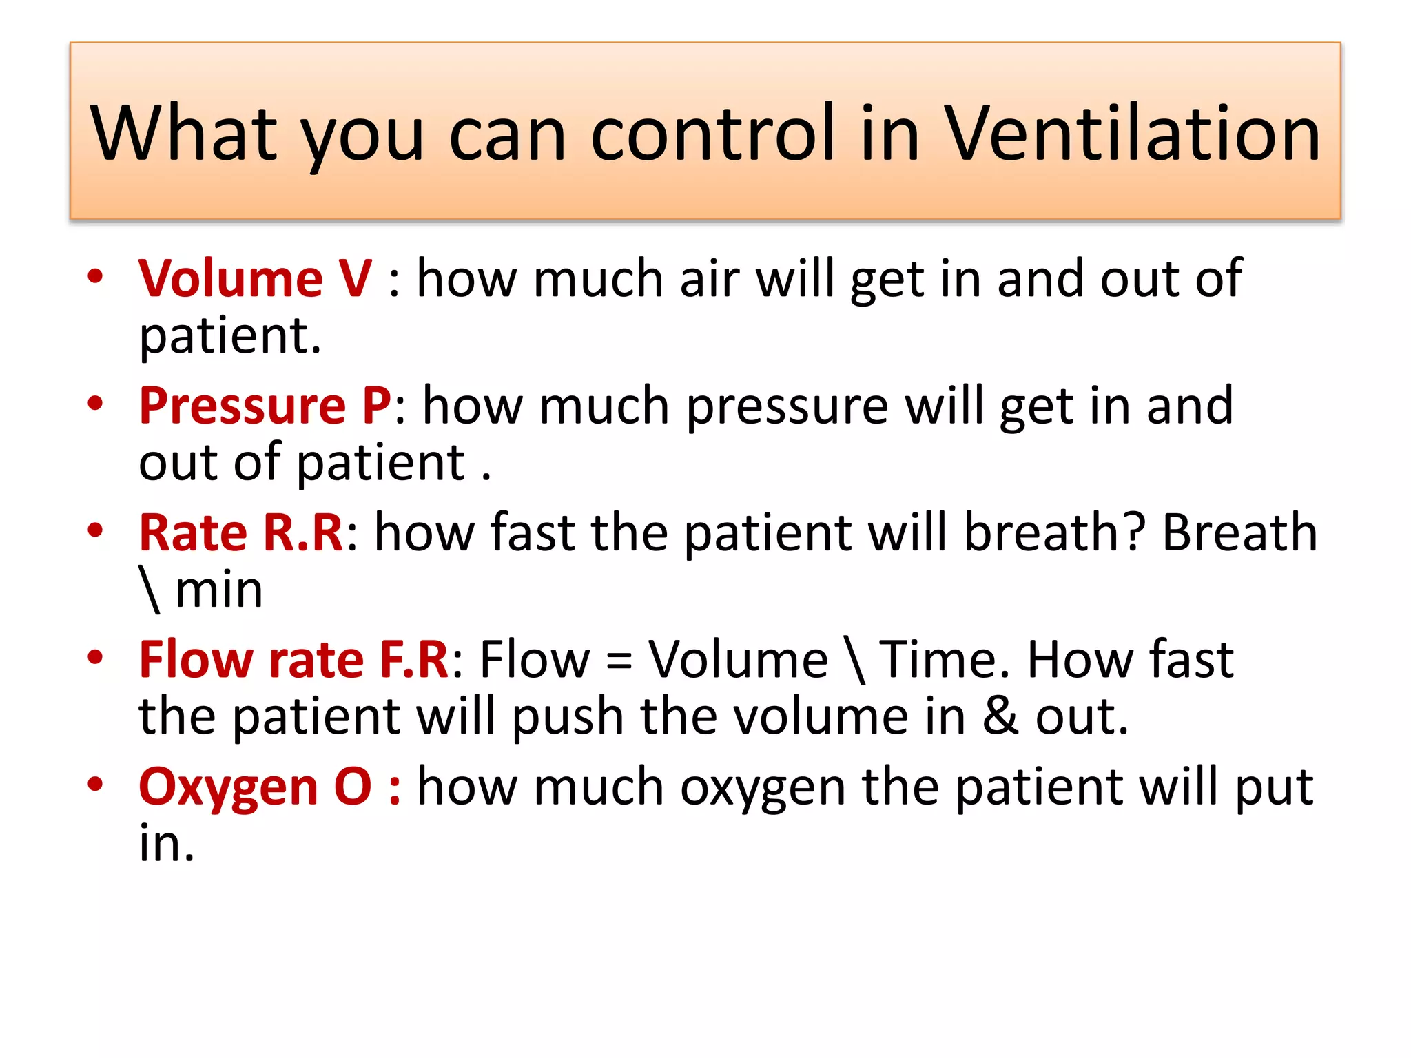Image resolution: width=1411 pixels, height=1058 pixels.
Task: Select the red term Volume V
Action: (255, 278)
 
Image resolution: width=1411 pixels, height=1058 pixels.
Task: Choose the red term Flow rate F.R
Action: (293, 659)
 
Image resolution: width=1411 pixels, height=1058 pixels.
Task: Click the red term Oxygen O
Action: (255, 786)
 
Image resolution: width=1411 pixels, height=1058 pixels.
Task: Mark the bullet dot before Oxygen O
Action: (95, 785)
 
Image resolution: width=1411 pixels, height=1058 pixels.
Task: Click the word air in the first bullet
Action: (709, 278)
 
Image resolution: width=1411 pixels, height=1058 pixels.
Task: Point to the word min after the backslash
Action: (219, 590)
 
